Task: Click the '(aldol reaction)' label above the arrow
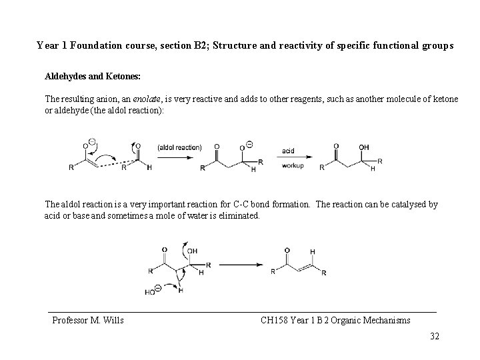179,147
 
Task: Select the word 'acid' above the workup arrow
288,151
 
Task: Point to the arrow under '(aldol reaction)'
179,157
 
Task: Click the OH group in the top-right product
363,147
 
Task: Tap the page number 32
435,336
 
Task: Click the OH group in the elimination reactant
192,251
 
